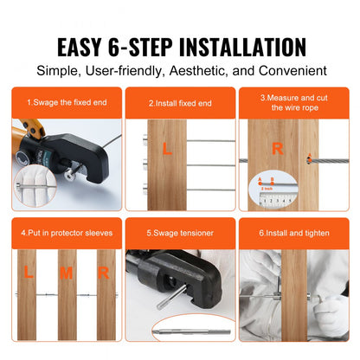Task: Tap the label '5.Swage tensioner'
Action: point(179,232)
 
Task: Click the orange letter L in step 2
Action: point(166,150)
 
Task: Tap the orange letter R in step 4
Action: point(103,274)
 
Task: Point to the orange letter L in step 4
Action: point(28,274)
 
